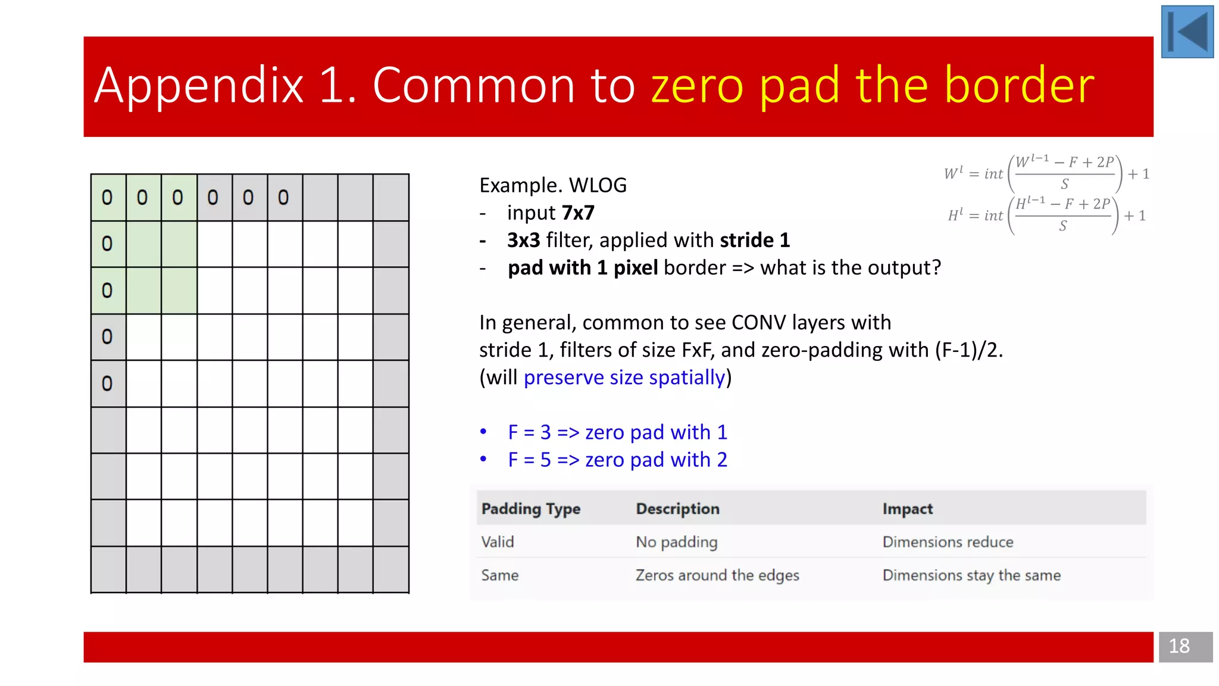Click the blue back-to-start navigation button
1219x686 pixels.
tap(1187, 32)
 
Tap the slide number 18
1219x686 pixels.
tap(1179, 646)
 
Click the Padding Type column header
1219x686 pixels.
tap(530, 509)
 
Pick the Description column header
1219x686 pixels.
tap(677, 509)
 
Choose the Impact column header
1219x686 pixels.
tap(907, 509)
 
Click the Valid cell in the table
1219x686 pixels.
tap(498, 542)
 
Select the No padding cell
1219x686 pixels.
tap(676, 542)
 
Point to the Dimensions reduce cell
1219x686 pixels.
tap(948, 542)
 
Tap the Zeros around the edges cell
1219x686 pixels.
tap(717, 575)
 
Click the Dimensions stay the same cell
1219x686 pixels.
tap(971, 575)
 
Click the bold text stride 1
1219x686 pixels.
tap(755, 241)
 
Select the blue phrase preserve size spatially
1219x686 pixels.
tap(624, 378)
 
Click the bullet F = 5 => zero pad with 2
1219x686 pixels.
tap(617, 460)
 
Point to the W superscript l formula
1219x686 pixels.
tap(1046, 174)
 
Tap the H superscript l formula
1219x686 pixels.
tap(1046, 216)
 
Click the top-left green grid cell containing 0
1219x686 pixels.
tap(108, 198)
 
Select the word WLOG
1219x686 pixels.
tap(598, 186)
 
